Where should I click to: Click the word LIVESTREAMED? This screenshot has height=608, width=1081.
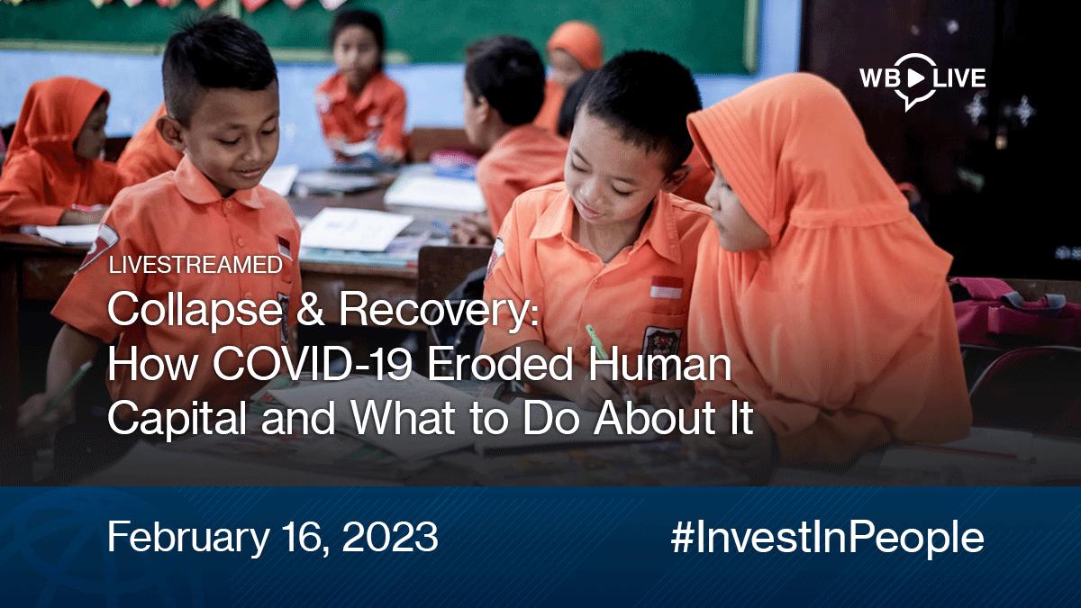click(195, 265)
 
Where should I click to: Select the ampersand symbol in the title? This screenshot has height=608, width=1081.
click(310, 309)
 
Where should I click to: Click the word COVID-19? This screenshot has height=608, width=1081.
click(313, 365)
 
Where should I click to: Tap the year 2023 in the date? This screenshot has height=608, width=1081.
click(390, 536)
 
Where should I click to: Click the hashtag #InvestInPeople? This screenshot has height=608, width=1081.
click(827, 539)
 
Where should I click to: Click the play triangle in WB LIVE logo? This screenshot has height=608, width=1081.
click(914, 78)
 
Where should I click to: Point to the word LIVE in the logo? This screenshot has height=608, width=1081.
click(958, 78)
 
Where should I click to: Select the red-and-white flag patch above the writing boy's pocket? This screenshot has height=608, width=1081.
click(667, 287)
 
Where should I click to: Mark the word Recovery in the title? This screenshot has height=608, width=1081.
click(439, 312)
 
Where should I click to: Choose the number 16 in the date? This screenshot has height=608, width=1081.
click(301, 537)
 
